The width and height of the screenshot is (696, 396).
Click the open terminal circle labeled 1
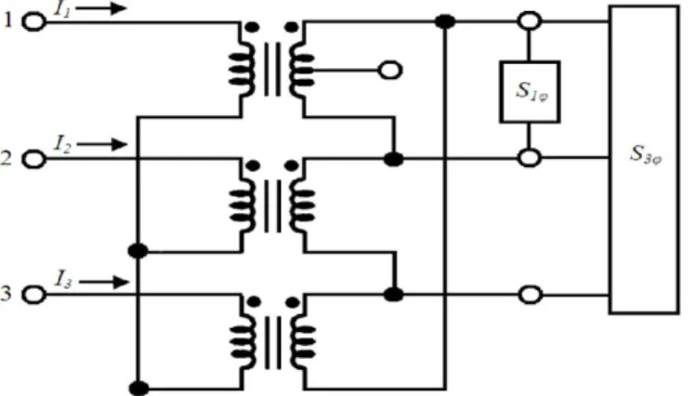click(33, 21)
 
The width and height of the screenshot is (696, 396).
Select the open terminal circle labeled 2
click(33, 159)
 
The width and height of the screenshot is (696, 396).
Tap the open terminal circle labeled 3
click(33, 295)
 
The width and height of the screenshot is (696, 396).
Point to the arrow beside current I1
click(101, 8)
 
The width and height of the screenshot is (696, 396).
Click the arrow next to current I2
click(102, 144)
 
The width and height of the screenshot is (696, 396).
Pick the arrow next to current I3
click(104, 282)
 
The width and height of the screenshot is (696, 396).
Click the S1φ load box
click(530, 92)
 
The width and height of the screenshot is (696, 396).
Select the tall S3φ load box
click(644, 159)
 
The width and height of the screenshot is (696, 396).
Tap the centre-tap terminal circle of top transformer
click(390, 70)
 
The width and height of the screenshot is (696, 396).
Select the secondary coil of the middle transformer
click(302, 205)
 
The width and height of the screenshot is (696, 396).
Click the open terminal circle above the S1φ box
click(530, 20)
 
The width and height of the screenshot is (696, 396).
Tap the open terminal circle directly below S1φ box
click(530, 158)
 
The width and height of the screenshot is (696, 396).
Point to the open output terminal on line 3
click(530, 295)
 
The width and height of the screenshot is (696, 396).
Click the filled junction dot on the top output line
click(445, 21)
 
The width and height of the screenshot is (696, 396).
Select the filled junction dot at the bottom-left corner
click(138, 389)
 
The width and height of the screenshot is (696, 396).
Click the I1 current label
click(62, 10)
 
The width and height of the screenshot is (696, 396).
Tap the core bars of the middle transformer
click(272, 205)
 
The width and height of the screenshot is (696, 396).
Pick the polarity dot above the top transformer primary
click(252, 28)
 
